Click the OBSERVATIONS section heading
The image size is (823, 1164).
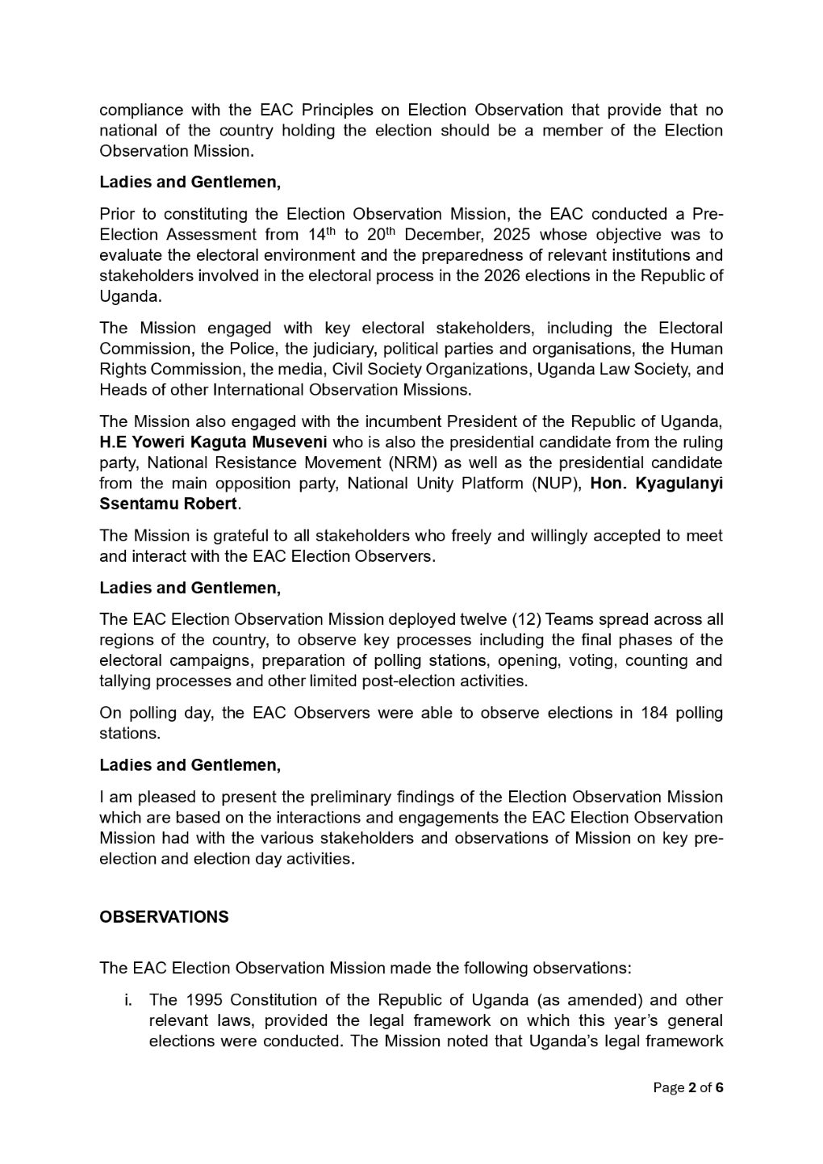coord(164,917)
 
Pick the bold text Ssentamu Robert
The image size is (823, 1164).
coord(168,504)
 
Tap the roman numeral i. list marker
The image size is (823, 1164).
coord(127,1000)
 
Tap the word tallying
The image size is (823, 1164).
coord(125,680)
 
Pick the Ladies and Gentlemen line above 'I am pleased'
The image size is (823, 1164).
coord(190,764)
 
